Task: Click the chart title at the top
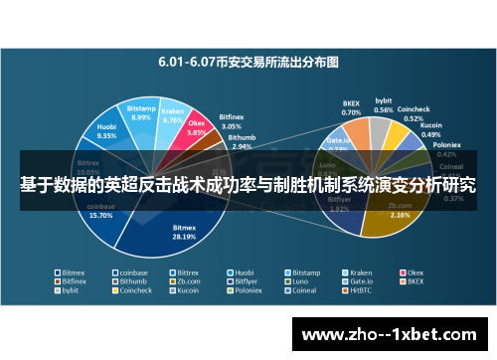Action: click(248, 61)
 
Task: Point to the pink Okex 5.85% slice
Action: click(196, 131)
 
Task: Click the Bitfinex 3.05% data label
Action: click(230, 126)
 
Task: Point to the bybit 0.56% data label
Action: click(384, 104)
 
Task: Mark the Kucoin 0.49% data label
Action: click(431, 130)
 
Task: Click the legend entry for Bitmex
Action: click(73, 271)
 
